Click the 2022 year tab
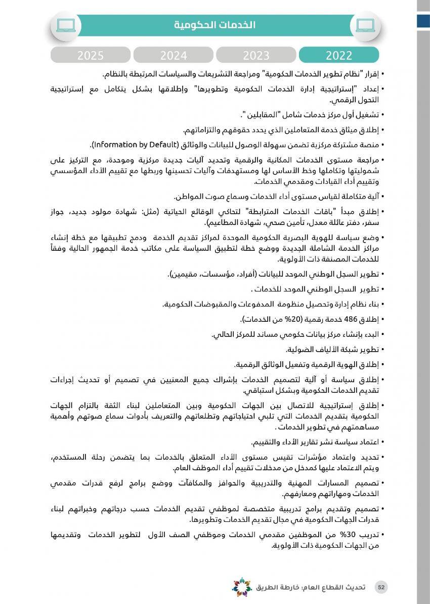pyautogui.click(x=339, y=55)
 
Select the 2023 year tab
pyautogui.click(x=256, y=55)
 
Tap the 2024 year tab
pyautogui.click(x=173, y=55)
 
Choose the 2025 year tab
pyautogui.click(x=91, y=55)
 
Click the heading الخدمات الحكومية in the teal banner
pyautogui.click(x=215, y=25)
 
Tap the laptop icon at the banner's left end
pyautogui.click(x=66, y=24)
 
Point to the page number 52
pyautogui.click(x=381, y=587)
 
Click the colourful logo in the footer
pyautogui.click(x=242, y=587)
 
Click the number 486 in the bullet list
pyautogui.click(x=350, y=319)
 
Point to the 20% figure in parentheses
pyautogui.click(x=294, y=319)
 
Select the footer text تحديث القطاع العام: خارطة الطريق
pyautogui.click(x=310, y=587)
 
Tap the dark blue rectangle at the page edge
pyautogui.click(x=423, y=20)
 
